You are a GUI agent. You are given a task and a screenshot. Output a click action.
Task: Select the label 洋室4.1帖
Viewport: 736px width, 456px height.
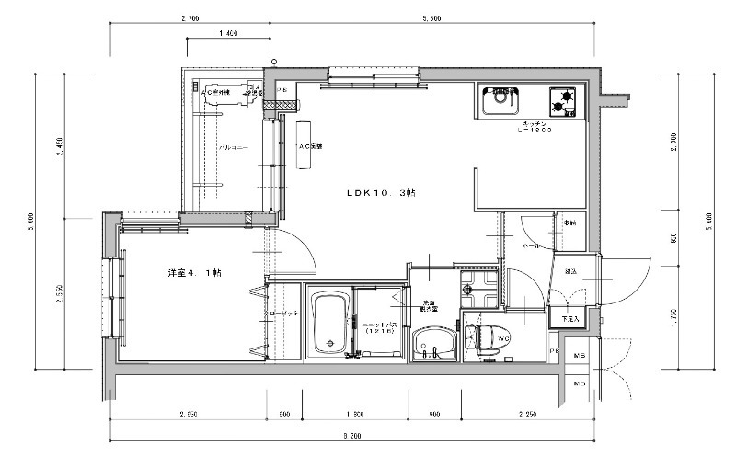click(194, 273)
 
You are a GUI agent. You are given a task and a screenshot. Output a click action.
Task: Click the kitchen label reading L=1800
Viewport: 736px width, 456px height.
click(533, 131)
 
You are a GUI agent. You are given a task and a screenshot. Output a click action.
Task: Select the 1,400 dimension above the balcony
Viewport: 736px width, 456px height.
click(228, 33)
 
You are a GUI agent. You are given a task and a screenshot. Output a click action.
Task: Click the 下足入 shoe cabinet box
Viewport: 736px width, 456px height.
click(569, 319)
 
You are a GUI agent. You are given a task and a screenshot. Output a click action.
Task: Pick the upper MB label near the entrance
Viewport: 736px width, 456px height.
click(581, 355)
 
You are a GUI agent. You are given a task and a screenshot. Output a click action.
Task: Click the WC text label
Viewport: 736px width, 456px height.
click(504, 338)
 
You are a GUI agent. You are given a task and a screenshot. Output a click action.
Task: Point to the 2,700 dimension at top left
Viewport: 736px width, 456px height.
click(191, 18)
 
